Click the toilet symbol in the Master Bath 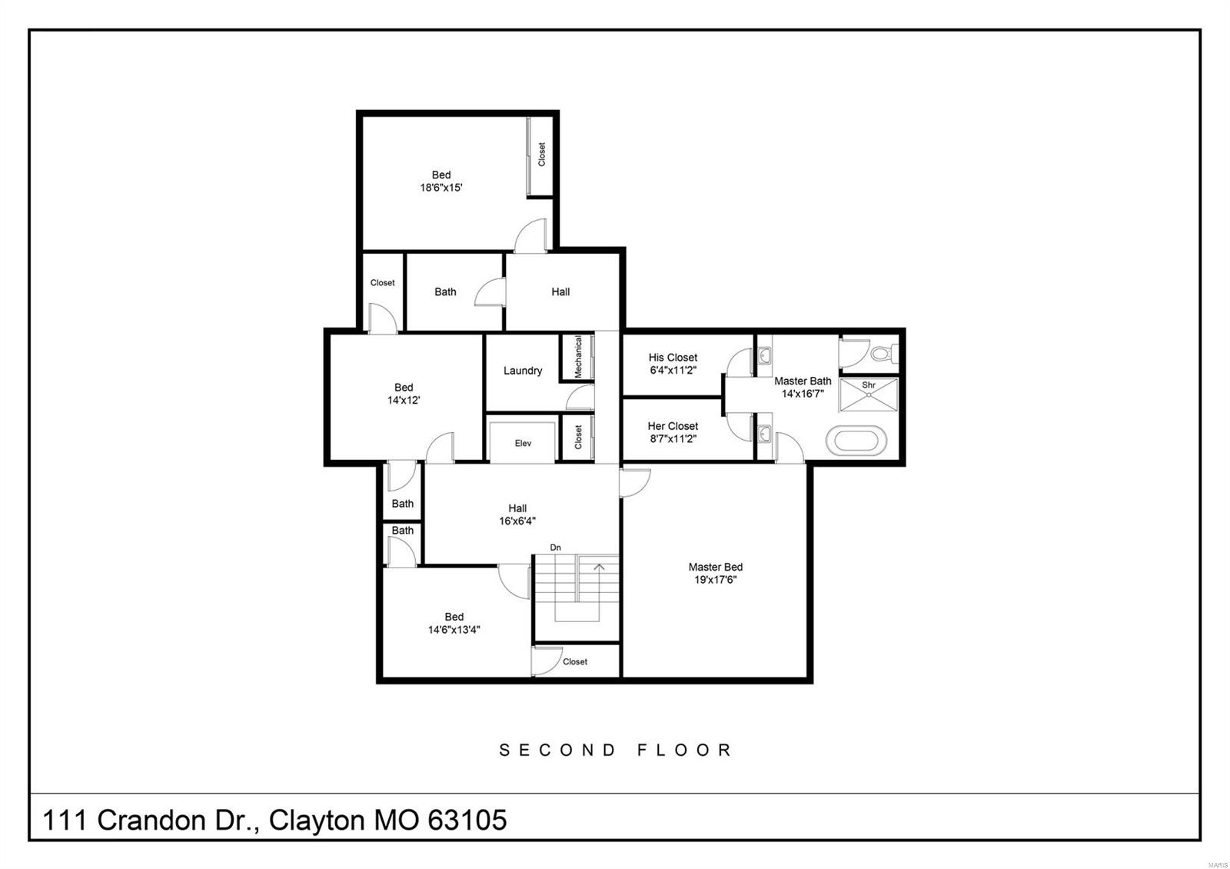point(883,355)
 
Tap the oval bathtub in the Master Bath point(856,441)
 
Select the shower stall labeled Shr point(869,395)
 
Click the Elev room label point(523,443)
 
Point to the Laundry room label point(523,371)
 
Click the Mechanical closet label point(578,357)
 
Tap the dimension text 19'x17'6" point(715,580)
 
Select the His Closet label point(673,358)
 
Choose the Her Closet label point(673,426)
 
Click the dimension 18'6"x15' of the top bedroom point(440,187)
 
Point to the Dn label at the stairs point(555,548)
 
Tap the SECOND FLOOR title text point(615,750)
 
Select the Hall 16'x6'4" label point(517,514)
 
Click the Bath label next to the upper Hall point(445,291)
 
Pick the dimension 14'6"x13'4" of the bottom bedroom point(454,629)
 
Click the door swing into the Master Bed point(635,481)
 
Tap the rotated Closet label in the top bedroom point(541,154)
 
